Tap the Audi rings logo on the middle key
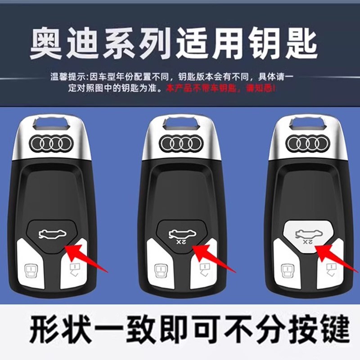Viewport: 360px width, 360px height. click(181, 144)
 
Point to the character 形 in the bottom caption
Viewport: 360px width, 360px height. click(47, 331)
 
